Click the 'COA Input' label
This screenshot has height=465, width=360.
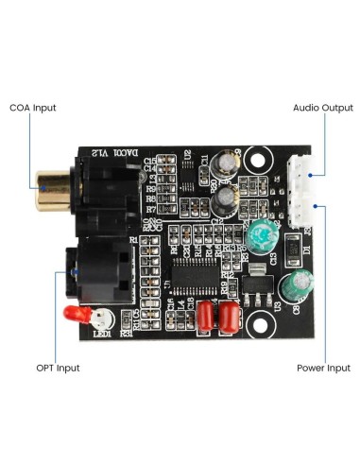[32, 108]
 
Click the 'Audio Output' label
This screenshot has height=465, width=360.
[322, 108]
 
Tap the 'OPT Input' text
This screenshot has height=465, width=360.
[58, 368]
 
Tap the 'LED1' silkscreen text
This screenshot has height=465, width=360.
[101, 333]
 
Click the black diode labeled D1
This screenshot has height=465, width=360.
[293, 250]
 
